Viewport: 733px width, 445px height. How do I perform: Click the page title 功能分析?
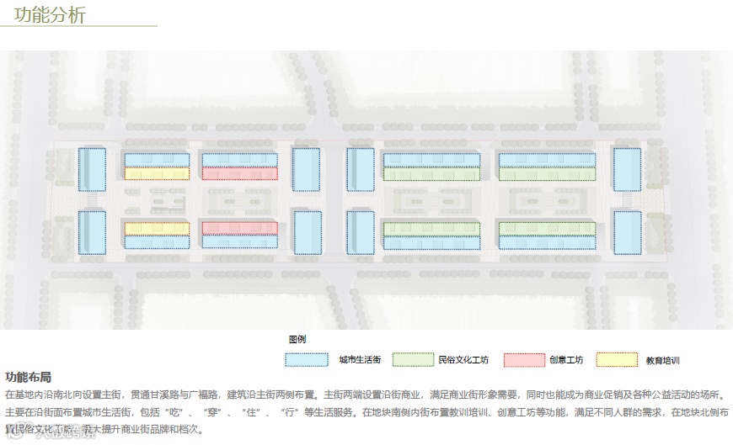tap(50, 15)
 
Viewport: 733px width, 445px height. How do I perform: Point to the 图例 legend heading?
tap(297, 339)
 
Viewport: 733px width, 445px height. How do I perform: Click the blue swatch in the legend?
tap(306, 359)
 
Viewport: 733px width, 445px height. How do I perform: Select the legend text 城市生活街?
tap(360, 360)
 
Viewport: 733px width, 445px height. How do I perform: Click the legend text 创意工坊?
tap(566, 360)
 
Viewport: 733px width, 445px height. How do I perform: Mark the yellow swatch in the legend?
tap(617, 359)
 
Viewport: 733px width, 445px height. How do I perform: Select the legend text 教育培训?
tap(663, 360)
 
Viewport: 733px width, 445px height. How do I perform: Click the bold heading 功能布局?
tap(28, 377)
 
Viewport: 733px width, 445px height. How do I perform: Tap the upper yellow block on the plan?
tap(157, 174)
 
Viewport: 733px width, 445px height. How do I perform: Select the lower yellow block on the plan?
tap(157, 228)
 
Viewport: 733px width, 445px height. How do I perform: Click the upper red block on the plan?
tap(239, 174)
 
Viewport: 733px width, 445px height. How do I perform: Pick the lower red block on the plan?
tap(239, 228)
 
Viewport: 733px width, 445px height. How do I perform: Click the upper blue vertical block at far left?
tap(92, 169)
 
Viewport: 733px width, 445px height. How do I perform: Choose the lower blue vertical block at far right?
tap(627, 232)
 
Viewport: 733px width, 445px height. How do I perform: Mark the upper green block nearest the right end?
tap(548, 174)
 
